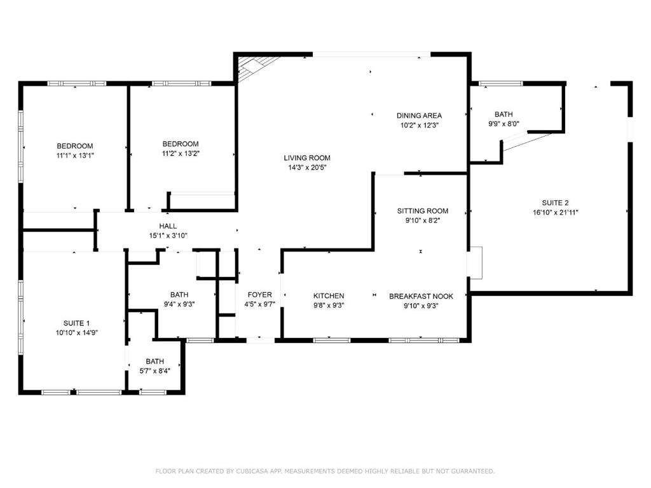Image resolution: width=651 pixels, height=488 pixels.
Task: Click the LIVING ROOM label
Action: point(307,158)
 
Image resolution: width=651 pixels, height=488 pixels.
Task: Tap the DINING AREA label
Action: point(419,116)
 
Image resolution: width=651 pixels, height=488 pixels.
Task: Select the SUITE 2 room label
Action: point(555,203)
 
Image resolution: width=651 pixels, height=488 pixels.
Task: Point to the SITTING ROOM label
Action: point(423,211)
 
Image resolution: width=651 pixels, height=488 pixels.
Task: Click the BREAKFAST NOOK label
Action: point(421,296)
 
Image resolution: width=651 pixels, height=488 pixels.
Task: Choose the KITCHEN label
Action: point(329,296)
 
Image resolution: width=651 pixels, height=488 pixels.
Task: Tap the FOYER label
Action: point(259,295)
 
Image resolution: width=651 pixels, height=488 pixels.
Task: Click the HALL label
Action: point(168,226)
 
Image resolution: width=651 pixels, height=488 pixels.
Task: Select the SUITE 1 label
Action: point(76,323)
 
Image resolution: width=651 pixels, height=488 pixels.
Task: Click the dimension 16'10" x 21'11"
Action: point(556,212)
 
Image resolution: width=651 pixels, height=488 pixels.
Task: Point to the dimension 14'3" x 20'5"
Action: point(307,168)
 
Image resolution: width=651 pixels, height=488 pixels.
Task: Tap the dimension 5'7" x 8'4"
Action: point(155,371)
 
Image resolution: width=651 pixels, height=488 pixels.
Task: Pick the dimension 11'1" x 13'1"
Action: point(75,156)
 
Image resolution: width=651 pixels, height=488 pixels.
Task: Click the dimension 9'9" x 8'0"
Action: point(504,124)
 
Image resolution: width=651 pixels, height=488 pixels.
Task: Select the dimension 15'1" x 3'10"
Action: point(168,236)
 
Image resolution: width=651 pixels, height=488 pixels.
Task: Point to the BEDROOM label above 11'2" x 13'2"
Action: point(180,144)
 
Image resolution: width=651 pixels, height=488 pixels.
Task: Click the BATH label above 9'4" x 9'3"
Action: point(179,294)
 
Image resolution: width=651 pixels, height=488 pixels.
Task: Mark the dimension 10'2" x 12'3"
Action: point(420,125)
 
